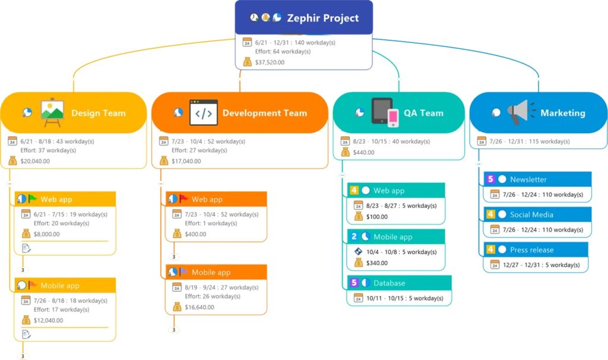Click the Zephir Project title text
[x=322, y=18]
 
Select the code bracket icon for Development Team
[x=203, y=113]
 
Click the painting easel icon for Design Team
[x=52, y=113]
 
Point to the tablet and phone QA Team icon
[x=385, y=113]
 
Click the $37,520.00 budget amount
[x=270, y=62]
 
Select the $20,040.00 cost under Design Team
[x=36, y=160]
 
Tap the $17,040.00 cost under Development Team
[x=186, y=160]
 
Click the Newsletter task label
[x=528, y=179]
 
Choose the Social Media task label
[x=531, y=214]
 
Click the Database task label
[x=389, y=283]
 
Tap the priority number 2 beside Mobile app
[x=354, y=236]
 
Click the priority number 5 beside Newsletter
[x=490, y=179]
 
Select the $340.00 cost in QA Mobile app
[x=377, y=263]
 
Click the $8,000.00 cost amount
[x=46, y=234]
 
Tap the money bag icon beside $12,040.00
[x=26, y=320]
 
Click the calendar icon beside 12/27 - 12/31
[x=495, y=265]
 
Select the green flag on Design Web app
[x=32, y=199]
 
